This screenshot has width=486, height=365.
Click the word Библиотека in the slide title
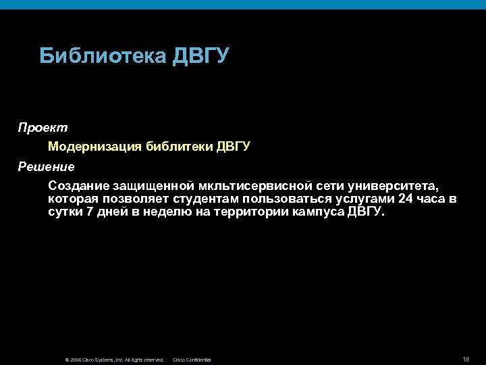(x=103, y=55)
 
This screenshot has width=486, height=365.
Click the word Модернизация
(x=94, y=146)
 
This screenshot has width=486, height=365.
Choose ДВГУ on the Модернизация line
(x=234, y=146)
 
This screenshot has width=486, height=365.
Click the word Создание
(x=79, y=185)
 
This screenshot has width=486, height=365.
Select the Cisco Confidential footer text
(x=192, y=360)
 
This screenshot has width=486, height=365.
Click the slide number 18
(x=467, y=358)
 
